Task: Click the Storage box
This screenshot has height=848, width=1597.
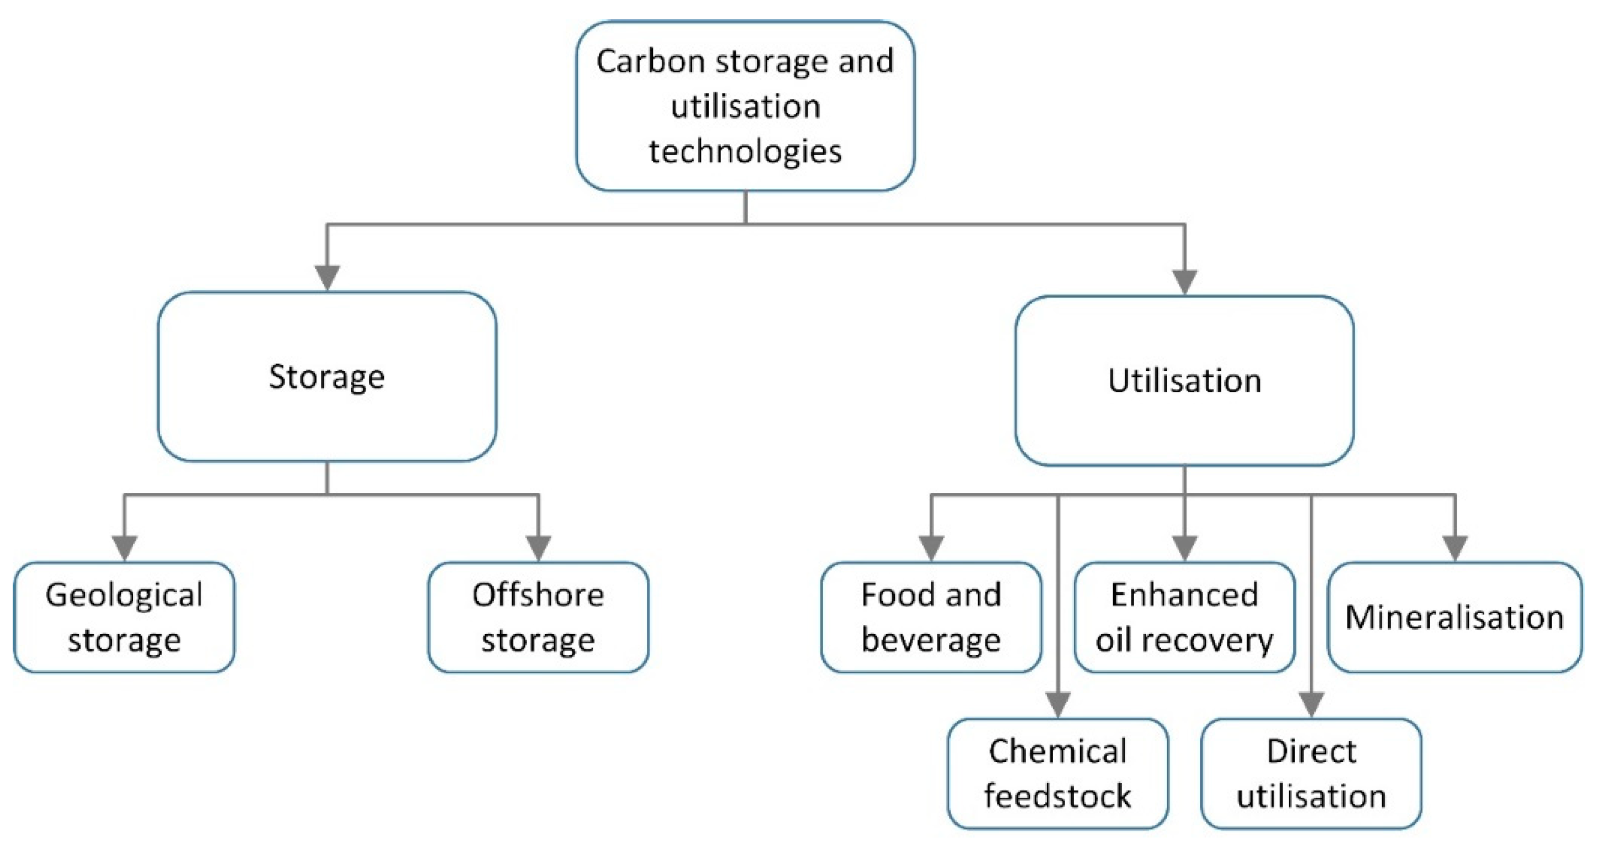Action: point(326,377)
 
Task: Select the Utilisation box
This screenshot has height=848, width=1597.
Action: point(1184,381)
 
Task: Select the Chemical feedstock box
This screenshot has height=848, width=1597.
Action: point(1058,773)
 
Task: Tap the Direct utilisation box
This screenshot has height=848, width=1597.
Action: point(1311,773)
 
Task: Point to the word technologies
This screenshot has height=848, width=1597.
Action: point(745,152)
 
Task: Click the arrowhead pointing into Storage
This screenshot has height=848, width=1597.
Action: point(326,277)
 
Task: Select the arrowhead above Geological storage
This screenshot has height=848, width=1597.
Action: point(124,547)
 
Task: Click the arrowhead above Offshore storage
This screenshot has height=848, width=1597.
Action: point(538,547)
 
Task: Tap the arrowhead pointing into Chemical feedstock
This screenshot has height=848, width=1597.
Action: point(1058,704)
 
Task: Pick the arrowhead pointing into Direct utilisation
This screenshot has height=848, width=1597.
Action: point(1311,704)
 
